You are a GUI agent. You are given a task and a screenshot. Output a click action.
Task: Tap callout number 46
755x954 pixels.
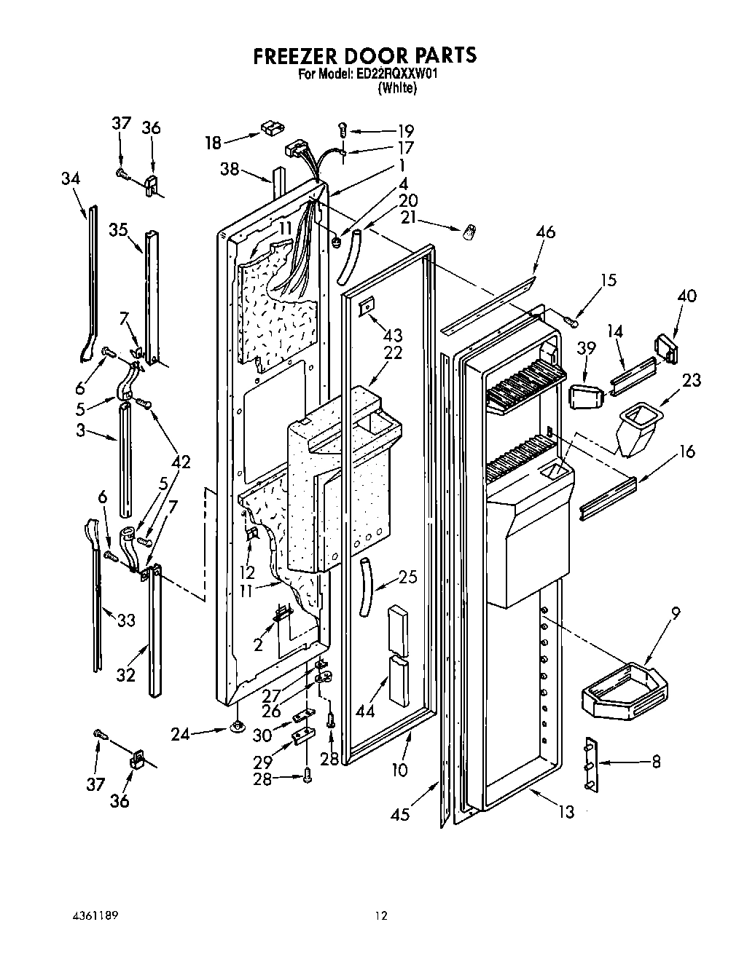point(544,232)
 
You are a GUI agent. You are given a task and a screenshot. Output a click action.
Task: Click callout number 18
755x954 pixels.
point(213,142)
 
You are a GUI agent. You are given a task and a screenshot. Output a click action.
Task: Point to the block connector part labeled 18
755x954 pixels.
point(269,129)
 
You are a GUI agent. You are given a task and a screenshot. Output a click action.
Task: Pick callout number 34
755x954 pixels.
point(71,178)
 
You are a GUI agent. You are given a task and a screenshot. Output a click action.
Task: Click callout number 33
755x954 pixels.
point(126,620)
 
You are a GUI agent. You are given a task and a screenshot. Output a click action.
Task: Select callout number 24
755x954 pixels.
point(180,735)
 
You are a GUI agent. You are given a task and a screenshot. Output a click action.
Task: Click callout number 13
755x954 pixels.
point(566,812)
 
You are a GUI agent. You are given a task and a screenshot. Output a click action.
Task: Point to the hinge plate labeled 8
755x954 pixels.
point(591,764)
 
